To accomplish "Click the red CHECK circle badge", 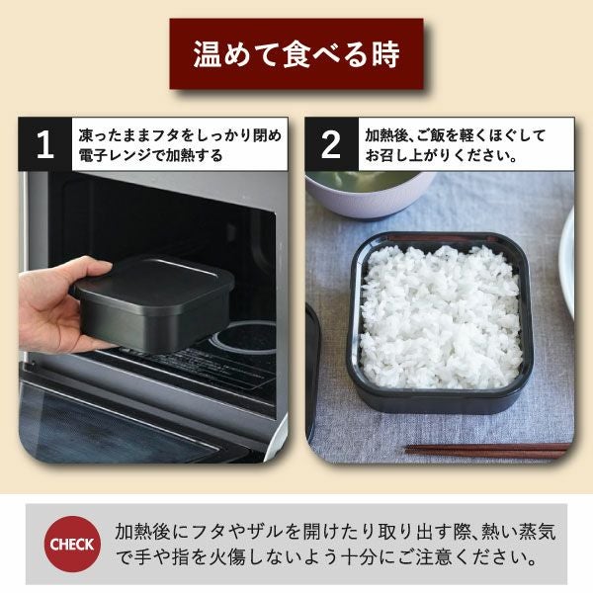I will tap(72, 544).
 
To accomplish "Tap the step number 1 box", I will tap(44, 145).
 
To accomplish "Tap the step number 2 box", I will tap(331, 145).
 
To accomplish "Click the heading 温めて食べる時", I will tap(296, 53).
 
